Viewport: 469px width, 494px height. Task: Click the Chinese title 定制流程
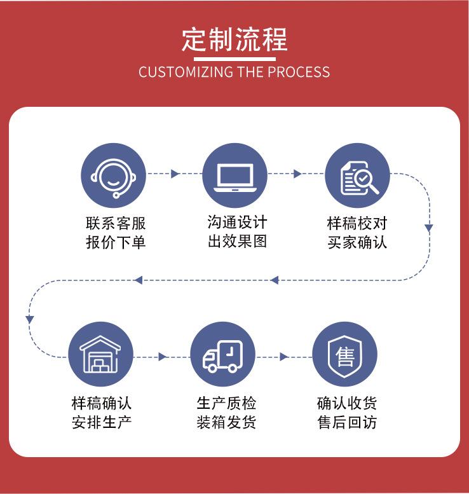click(234, 39)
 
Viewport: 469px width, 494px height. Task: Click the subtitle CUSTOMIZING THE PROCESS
click(234, 71)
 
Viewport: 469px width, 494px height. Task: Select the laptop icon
click(234, 174)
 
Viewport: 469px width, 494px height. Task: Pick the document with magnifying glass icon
click(357, 175)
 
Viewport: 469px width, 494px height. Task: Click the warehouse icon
click(100, 354)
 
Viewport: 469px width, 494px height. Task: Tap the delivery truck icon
click(222, 354)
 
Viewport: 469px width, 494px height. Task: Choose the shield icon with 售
click(344, 354)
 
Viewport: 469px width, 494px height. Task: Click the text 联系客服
click(116, 224)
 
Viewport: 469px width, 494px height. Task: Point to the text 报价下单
click(116, 242)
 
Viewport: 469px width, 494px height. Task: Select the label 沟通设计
click(237, 223)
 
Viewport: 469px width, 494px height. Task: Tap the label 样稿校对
click(357, 224)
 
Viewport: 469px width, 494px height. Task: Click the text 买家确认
click(357, 242)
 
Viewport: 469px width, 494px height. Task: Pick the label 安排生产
click(102, 422)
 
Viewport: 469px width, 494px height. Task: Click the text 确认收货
click(347, 403)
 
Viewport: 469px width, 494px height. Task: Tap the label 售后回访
click(347, 422)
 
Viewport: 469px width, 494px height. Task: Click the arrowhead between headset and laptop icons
click(175, 174)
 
